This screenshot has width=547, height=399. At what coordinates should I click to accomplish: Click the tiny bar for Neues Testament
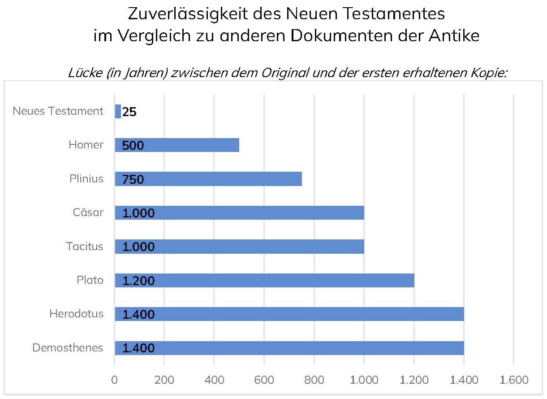coord(118,111)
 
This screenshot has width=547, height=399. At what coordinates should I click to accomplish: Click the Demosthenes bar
coord(314,348)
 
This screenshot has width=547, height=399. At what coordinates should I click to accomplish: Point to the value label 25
coord(129,112)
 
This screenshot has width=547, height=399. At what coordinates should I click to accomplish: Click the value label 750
coord(133,179)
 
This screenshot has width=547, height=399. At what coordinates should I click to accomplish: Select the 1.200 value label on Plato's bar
coord(138,281)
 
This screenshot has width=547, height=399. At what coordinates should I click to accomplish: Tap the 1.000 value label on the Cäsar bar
coord(138,213)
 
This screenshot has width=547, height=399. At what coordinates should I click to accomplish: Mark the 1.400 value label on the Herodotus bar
coord(138,315)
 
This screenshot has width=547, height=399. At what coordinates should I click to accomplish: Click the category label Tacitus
coord(85,247)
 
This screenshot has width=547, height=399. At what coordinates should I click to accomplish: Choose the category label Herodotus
coord(77,314)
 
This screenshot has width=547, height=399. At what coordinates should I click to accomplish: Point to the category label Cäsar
coord(88,213)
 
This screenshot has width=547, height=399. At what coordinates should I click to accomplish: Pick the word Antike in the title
coord(455,36)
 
